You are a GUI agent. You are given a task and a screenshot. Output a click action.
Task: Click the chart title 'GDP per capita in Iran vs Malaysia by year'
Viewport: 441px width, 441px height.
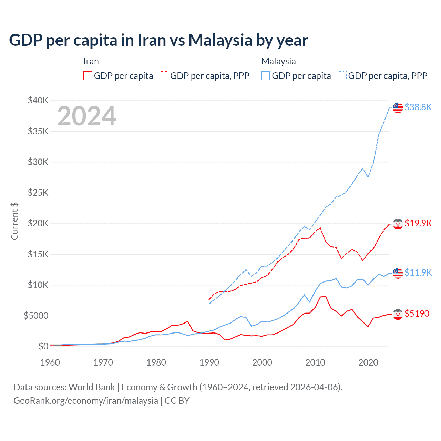[158, 40]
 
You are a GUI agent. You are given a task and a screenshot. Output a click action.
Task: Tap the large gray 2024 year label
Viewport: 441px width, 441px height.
[86, 116]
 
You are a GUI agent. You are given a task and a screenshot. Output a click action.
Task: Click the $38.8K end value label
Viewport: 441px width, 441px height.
[418, 107]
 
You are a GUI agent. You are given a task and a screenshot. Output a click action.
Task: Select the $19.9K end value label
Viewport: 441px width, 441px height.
[418, 224]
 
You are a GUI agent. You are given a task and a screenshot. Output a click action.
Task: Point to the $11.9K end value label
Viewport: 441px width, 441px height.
[418, 273]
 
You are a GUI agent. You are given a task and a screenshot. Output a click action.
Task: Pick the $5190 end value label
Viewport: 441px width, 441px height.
[417, 314]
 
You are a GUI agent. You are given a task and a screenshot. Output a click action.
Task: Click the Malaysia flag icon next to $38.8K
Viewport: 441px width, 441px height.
[398, 107]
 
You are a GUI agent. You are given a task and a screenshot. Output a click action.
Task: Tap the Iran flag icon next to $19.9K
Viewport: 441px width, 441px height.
[398, 224]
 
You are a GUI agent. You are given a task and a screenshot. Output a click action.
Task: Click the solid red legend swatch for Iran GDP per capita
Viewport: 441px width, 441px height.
[88, 76]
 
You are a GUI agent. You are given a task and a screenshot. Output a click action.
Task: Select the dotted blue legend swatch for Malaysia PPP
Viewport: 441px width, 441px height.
[342, 76]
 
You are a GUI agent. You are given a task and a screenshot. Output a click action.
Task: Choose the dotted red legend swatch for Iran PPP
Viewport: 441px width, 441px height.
[164, 76]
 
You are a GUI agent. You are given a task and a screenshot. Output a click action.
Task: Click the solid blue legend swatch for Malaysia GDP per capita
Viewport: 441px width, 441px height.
[266, 76]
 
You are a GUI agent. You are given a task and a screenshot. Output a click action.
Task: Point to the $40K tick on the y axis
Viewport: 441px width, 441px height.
[38, 101]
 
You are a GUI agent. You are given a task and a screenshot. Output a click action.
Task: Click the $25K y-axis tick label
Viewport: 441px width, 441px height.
[38, 193]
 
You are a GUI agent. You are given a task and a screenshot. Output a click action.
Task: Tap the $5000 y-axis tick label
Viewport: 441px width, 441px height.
[36, 316]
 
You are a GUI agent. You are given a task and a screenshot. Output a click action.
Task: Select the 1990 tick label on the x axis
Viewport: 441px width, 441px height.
[209, 362]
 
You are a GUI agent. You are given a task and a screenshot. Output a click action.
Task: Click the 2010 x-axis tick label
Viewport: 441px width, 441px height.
[315, 362]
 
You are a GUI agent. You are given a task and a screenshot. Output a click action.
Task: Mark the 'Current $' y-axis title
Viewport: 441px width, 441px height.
[14, 221]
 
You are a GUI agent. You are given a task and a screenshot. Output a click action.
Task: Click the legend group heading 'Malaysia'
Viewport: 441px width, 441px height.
[278, 61]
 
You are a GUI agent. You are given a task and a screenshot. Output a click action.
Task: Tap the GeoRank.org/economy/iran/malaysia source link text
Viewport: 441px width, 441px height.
[85, 401]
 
